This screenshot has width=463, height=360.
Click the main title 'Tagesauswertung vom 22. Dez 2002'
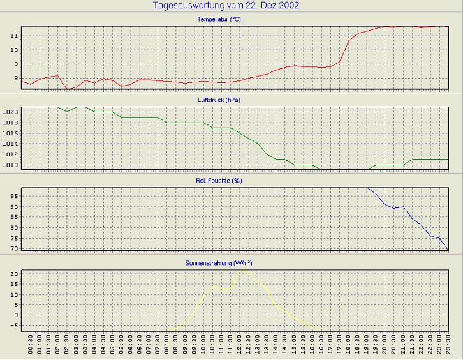226,6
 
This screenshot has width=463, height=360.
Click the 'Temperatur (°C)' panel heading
219,20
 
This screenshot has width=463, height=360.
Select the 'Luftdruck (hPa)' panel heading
219,100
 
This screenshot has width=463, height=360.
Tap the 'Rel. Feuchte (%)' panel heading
219,181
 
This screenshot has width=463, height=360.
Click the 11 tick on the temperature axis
15,36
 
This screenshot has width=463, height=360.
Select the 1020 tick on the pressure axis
10,112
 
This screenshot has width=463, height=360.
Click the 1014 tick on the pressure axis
10,144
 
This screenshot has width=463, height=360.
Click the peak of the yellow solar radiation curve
241,269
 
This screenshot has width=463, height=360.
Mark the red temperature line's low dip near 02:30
68,89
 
